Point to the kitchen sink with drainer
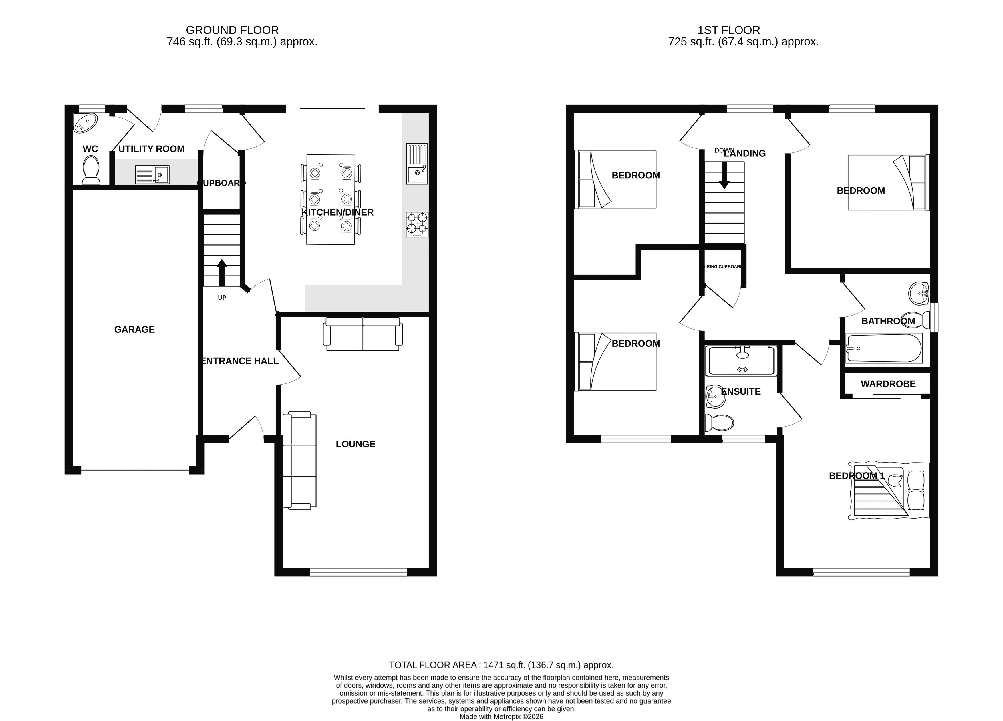point(417,164)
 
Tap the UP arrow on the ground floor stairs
point(222,272)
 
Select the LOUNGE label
point(355,444)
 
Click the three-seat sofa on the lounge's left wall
point(299,461)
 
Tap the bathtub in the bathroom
point(884,348)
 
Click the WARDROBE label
point(888,384)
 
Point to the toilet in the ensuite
point(719,422)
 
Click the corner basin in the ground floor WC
point(85,122)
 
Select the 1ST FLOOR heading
point(729,30)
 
